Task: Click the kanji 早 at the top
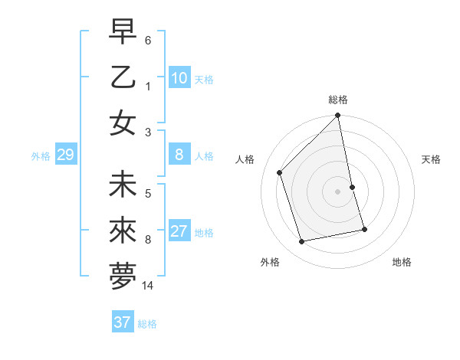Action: [x=123, y=32]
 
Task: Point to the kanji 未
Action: [x=123, y=185]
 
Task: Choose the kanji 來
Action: [x=123, y=231]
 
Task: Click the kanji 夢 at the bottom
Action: [x=123, y=276]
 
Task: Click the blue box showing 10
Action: [x=179, y=78]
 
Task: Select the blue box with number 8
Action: [x=179, y=155]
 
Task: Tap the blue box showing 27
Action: [x=179, y=232]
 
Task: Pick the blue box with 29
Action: [x=65, y=155]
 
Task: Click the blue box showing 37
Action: [x=122, y=322]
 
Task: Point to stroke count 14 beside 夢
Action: [x=148, y=286]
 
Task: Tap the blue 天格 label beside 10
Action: [x=204, y=80]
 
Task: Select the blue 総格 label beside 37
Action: [x=147, y=324]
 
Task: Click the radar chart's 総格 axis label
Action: [x=338, y=100]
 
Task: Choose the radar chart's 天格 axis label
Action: [x=431, y=159]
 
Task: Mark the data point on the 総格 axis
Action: [x=338, y=116]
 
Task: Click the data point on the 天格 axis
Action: [x=353, y=187]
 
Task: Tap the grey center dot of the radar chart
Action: [x=338, y=191]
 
